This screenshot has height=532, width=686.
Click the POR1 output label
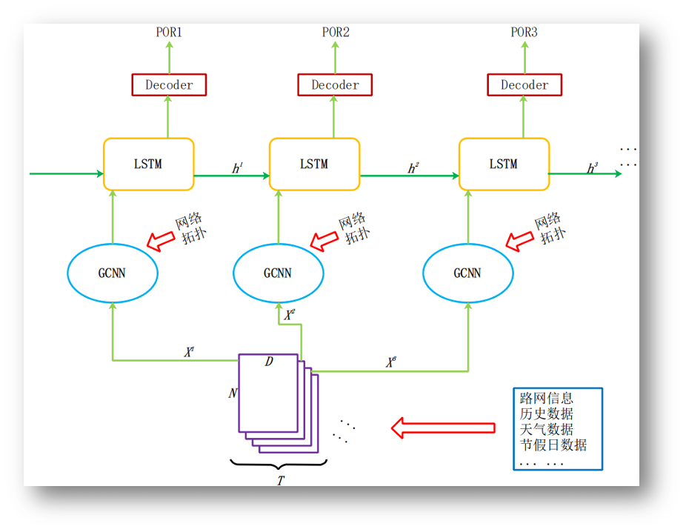[169, 33]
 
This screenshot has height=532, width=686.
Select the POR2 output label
[335, 33]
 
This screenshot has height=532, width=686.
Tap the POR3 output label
[524, 33]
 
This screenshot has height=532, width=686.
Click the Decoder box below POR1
[169, 84]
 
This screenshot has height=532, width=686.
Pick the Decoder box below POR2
[335, 84]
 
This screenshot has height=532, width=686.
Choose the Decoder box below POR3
[524, 84]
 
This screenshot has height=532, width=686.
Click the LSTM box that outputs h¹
[148, 164]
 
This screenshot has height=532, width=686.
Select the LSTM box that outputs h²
[314, 164]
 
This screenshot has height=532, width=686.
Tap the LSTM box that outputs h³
[504, 164]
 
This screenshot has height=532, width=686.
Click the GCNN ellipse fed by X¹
[113, 273]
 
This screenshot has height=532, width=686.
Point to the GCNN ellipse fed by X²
[278, 273]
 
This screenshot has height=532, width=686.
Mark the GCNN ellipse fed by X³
[467, 273]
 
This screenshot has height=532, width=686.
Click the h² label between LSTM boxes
[413, 169]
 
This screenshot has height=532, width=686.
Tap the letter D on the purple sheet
[268, 362]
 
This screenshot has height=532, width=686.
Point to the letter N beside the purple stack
[233, 393]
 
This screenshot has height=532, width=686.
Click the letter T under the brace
[280, 481]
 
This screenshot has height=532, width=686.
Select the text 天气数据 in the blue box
[547, 430]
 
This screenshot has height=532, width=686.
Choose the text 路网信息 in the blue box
[547, 399]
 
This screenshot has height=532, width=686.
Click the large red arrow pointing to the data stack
[443, 428]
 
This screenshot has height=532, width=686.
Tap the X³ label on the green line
[390, 363]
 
